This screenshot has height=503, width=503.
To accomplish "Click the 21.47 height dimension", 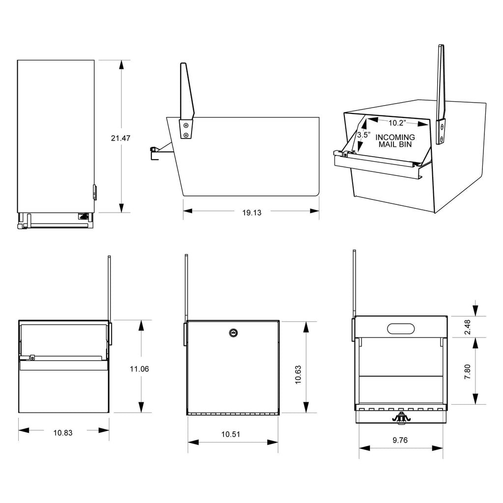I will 120,139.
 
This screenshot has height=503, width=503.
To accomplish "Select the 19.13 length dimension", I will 251,213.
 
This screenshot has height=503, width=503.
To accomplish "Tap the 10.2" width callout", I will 396,122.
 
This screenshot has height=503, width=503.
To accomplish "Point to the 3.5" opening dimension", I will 363,135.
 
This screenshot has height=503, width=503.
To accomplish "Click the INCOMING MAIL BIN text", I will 395,141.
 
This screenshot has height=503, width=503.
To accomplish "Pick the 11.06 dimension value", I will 140,369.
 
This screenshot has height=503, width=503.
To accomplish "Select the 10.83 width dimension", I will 63,433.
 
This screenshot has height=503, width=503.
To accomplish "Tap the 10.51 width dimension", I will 231,434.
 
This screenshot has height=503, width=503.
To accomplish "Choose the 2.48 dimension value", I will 467,328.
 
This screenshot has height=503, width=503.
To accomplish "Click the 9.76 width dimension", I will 400,440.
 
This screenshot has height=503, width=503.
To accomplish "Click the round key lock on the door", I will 232,333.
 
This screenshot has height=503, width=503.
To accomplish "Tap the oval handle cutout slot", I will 400,328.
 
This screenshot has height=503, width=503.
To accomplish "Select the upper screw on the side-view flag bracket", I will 186,125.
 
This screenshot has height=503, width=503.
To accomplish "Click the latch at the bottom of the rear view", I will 401,417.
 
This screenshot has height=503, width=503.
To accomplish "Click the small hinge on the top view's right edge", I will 94,192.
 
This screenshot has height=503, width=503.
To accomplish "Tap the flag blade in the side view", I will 187,91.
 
